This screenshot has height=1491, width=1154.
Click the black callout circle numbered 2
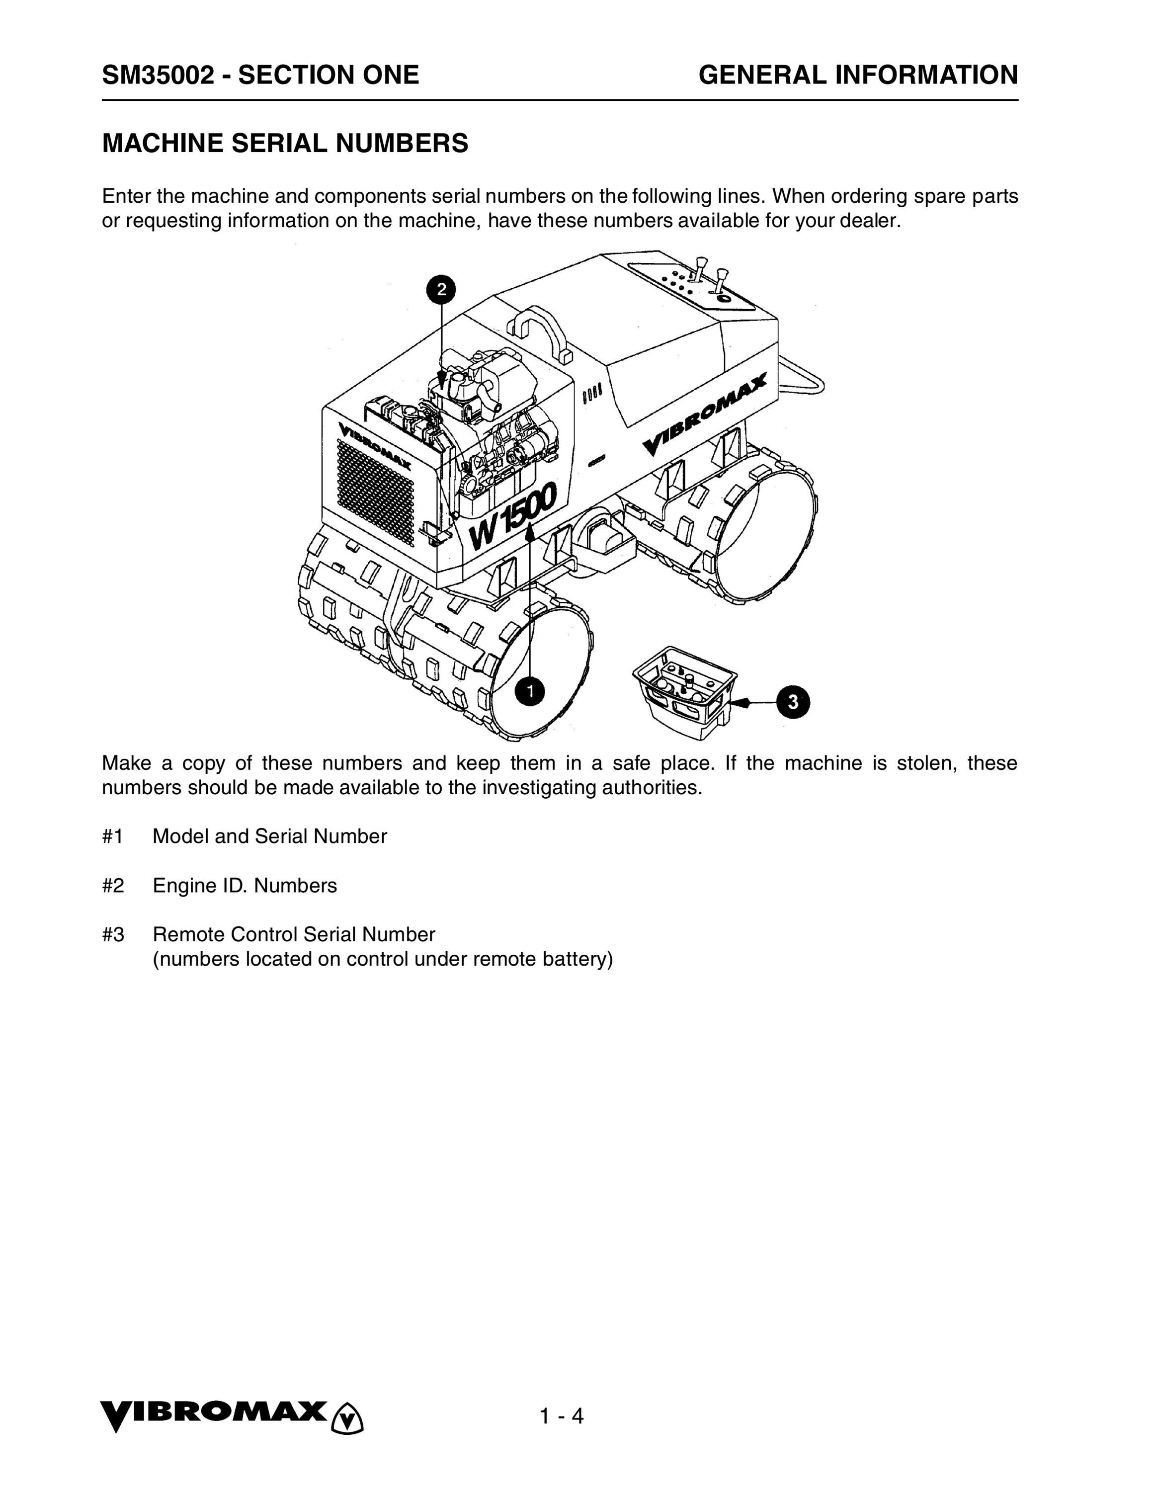pos(441,289)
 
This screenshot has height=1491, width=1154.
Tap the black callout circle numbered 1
pos(530,691)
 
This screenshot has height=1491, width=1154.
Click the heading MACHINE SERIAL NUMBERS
pos(285,143)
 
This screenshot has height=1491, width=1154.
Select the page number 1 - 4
pos(561,1416)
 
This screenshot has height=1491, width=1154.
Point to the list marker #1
pos(113,836)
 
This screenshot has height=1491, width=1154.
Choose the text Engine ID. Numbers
pos(245,886)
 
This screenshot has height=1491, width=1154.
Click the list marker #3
pos(113,934)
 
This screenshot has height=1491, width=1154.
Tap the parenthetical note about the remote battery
pos(382,959)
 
